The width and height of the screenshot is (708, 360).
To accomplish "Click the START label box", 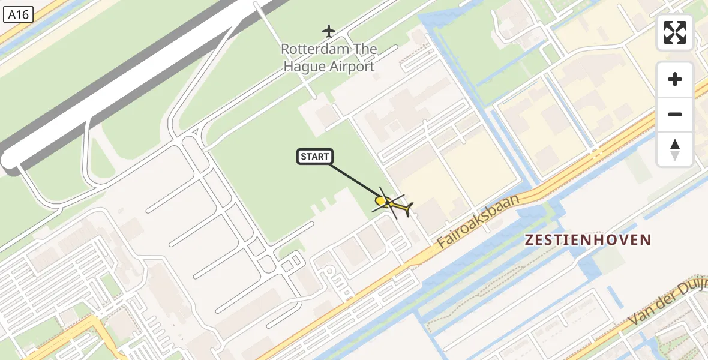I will [x=315, y=157].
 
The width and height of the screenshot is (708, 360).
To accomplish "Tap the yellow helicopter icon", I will [x=392, y=205].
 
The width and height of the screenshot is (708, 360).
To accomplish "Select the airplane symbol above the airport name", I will [x=328, y=31].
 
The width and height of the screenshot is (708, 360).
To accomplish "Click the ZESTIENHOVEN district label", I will [x=587, y=240].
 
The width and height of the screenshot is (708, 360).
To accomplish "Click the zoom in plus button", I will [x=675, y=79].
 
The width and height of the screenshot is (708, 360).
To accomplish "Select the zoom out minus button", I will [x=675, y=114].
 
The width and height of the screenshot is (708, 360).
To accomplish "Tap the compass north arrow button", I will [x=675, y=149].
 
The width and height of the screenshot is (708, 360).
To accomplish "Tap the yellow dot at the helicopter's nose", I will [x=380, y=200].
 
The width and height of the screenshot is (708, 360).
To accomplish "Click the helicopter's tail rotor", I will [x=409, y=210].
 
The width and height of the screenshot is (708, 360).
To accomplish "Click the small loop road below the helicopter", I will [x=329, y=272].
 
